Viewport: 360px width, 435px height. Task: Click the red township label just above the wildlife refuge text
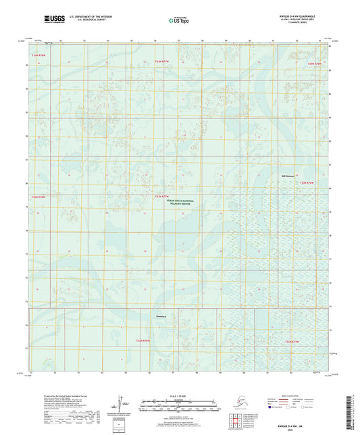pos(162,197)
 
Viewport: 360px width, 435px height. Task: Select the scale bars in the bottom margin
pos(179,407)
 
